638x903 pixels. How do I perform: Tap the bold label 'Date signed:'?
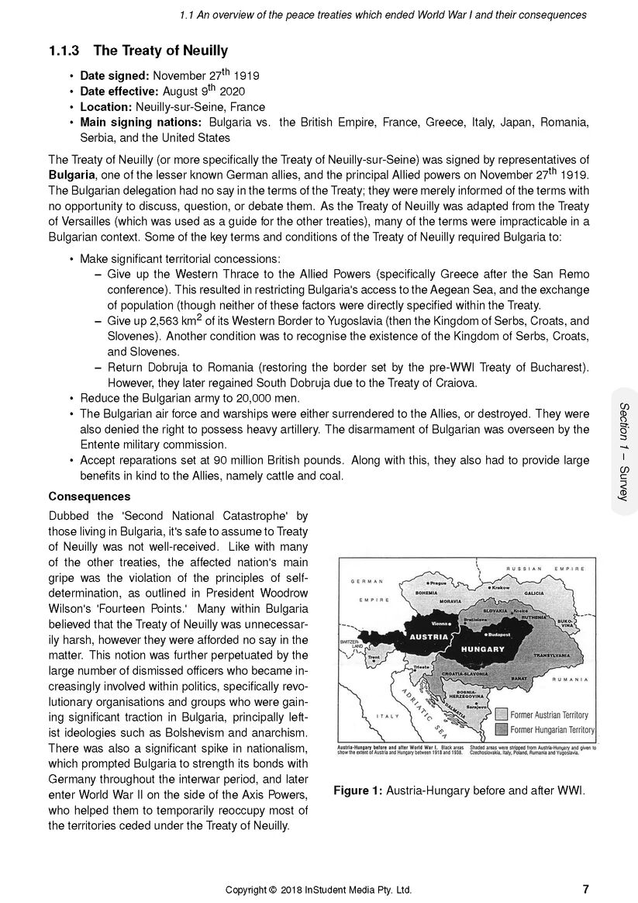pyautogui.click(x=115, y=76)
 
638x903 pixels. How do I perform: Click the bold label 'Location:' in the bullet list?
pyautogui.click(x=106, y=107)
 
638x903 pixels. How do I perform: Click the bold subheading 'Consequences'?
pyautogui.click(x=89, y=496)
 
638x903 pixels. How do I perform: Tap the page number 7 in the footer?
pyautogui.click(x=585, y=889)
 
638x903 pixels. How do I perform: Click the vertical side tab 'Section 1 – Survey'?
pyautogui.click(x=624, y=451)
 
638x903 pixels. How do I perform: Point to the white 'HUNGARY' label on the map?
pyautogui.click(x=483, y=648)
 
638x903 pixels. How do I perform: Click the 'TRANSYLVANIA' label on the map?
pyautogui.click(x=552, y=656)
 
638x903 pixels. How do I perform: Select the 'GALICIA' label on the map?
pyautogui.click(x=534, y=593)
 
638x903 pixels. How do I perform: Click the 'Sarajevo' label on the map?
pyautogui.click(x=475, y=708)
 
